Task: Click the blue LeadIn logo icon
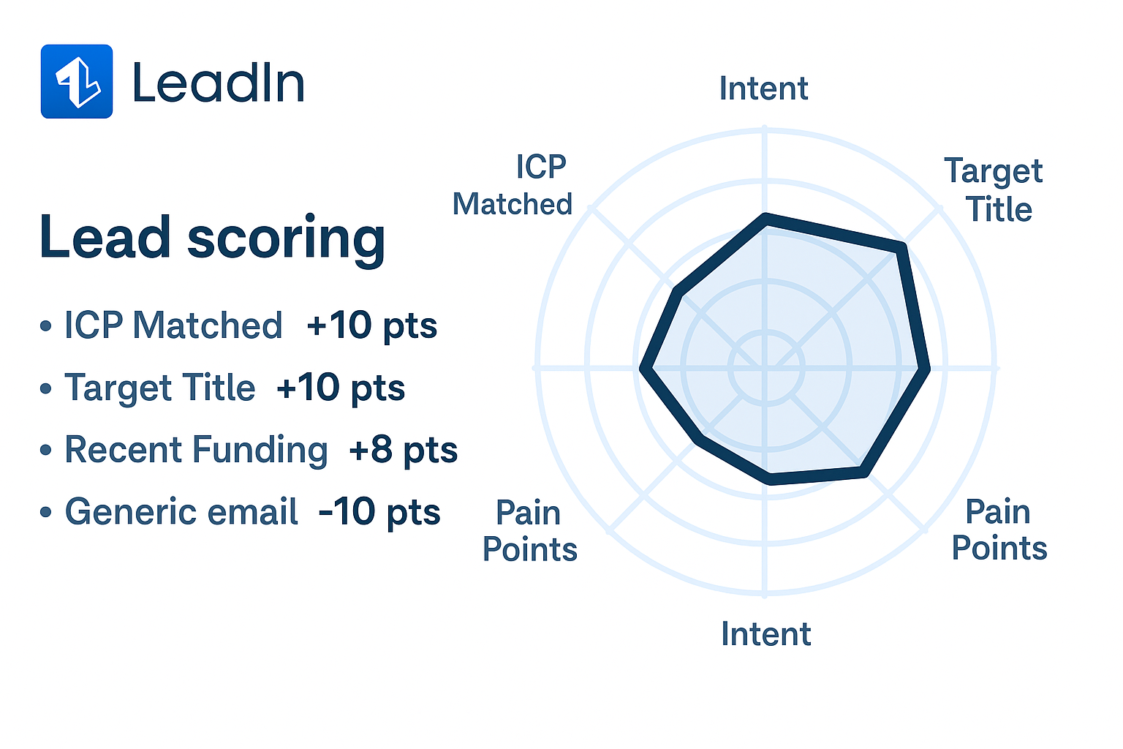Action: [77, 81]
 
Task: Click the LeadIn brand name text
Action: [219, 83]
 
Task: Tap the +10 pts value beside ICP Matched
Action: [371, 325]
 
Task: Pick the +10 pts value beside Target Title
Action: [341, 388]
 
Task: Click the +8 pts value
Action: [403, 450]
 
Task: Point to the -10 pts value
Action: [379, 512]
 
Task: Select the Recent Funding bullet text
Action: [196, 450]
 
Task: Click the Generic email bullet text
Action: [181, 511]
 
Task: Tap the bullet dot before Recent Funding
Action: [45, 450]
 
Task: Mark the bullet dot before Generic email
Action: [45, 512]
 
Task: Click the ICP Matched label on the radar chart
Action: [513, 185]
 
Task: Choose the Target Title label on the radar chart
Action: [994, 189]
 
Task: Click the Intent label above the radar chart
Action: [763, 89]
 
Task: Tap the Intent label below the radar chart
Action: [766, 633]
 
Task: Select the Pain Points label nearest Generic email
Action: [530, 531]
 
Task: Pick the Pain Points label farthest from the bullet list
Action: [999, 530]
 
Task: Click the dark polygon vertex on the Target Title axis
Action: [901, 248]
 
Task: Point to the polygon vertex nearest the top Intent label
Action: [765, 219]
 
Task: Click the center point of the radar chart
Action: [765, 368]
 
